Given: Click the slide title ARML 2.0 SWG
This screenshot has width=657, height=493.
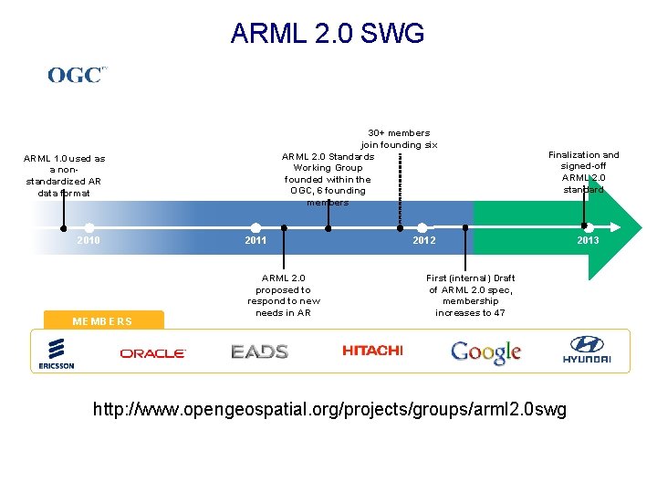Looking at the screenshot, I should pos(328,34).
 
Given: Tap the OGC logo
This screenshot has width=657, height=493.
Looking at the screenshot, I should pos(78,75).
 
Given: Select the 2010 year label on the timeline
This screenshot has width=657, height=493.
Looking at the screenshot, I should pos(89,240).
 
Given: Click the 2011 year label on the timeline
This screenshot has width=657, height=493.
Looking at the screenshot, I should pos(255,240).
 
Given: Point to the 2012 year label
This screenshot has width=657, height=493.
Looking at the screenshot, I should pos(423,240).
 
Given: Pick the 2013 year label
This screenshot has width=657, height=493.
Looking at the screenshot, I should pos(588,240).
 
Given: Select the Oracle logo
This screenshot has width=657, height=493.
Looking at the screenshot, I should pos(152,352).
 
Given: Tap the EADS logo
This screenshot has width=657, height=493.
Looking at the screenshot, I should pos(259,351).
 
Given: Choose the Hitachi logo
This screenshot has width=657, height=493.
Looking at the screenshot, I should pos(372,351).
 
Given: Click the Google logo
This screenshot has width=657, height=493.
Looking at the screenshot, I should pos(485,352).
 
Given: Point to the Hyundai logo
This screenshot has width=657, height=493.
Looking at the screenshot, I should pos(586,351).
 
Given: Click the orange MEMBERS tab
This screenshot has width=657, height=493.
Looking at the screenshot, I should pos(103,320).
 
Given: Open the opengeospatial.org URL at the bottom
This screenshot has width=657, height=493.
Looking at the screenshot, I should pos(329,410).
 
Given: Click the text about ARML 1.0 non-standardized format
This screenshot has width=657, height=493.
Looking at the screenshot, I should pos(64,175).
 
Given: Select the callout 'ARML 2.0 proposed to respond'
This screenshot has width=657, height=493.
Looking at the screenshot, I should pos(284,295).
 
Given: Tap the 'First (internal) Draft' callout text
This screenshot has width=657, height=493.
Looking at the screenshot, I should pos(470,295).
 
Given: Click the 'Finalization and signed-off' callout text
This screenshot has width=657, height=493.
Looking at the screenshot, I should pos(583,172).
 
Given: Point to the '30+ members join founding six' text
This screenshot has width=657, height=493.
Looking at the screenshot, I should pos(399,139).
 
